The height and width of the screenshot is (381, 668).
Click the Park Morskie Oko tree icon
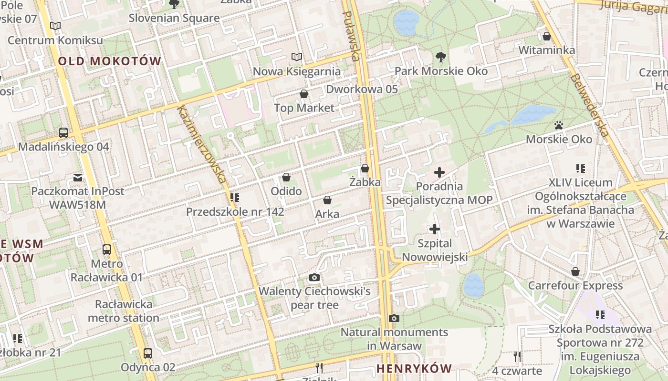(x=440, y=57)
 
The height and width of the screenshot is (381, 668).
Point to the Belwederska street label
(x=589, y=105)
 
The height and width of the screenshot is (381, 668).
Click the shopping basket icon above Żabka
(x=365, y=168)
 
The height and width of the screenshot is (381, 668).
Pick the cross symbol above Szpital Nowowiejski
(x=434, y=229)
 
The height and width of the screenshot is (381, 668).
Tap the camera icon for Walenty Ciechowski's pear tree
(x=314, y=277)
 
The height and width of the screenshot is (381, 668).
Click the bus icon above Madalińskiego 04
(x=63, y=133)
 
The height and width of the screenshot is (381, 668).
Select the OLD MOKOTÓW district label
(x=110, y=61)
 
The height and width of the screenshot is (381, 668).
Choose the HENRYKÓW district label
(x=414, y=368)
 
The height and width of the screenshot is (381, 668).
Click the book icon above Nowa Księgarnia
(x=297, y=57)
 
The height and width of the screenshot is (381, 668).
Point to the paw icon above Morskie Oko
(x=559, y=125)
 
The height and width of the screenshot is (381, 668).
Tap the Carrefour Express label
(x=575, y=286)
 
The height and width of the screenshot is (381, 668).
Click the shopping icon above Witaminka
(x=547, y=36)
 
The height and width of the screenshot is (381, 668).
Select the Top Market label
(x=304, y=108)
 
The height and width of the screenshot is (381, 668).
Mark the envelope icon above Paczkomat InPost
(x=77, y=178)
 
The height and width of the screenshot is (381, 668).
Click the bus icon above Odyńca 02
(x=148, y=353)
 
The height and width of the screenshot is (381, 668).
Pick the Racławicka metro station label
(x=124, y=311)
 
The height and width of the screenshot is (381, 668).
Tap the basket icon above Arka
(x=327, y=200)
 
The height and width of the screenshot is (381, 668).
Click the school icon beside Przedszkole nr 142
(x=234, y=197)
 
